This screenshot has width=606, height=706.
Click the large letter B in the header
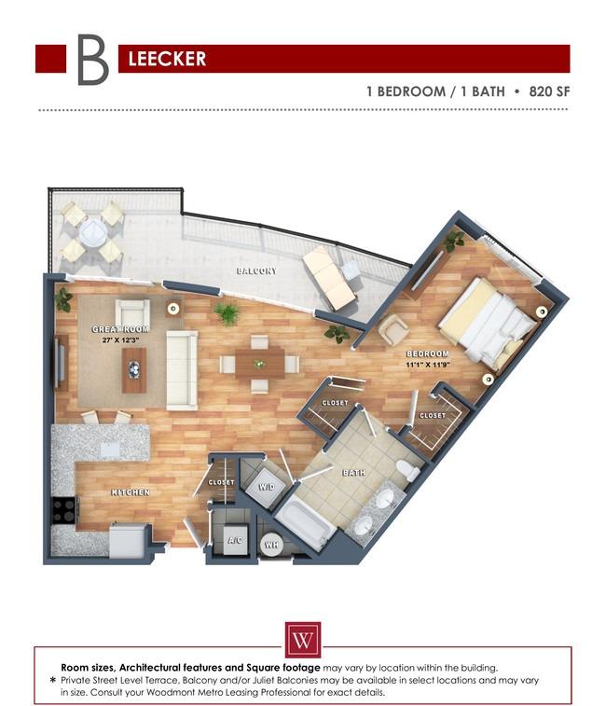click(91, 60)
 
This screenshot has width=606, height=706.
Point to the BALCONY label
click(255, 271)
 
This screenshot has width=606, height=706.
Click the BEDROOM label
click(427, 354)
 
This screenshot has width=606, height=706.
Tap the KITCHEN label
click(131, 491)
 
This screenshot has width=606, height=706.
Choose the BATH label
click(353, 473)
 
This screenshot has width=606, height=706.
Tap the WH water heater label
click(271, 545)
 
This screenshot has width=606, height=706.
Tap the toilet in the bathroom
click(407, 468)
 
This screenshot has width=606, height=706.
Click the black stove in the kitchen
click(64, 510)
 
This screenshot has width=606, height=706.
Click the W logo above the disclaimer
click(303, 641)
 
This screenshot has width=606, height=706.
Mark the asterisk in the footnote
click(52, 681)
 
